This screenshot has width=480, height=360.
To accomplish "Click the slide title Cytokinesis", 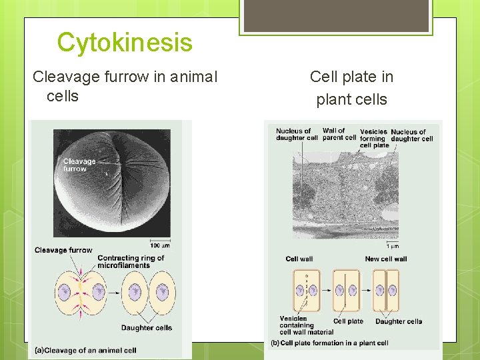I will [125, 43].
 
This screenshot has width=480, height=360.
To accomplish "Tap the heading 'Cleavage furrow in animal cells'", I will [125, 86].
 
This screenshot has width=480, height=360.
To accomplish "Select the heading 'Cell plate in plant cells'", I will [351, 88].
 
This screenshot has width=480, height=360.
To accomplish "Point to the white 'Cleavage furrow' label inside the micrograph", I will [79, 165].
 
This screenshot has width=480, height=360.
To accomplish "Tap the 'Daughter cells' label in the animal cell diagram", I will [146, 327].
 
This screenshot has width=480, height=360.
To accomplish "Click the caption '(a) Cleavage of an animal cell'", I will [85, 350].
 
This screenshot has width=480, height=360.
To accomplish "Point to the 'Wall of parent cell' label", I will [339, 134].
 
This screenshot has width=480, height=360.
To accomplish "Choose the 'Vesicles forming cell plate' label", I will [374, 139].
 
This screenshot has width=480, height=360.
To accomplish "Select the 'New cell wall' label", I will [385, 259].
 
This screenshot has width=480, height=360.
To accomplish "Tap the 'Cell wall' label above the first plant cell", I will [299, 259].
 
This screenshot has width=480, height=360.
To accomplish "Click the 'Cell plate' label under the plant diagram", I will [348, 321].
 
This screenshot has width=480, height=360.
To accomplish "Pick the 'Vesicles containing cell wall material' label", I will [306, 325].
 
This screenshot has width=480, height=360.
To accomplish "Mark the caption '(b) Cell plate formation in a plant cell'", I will [329, 343].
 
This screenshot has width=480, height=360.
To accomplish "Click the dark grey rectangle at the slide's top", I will [336, 15].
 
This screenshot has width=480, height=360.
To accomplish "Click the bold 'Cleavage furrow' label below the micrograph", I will [63, 250].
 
